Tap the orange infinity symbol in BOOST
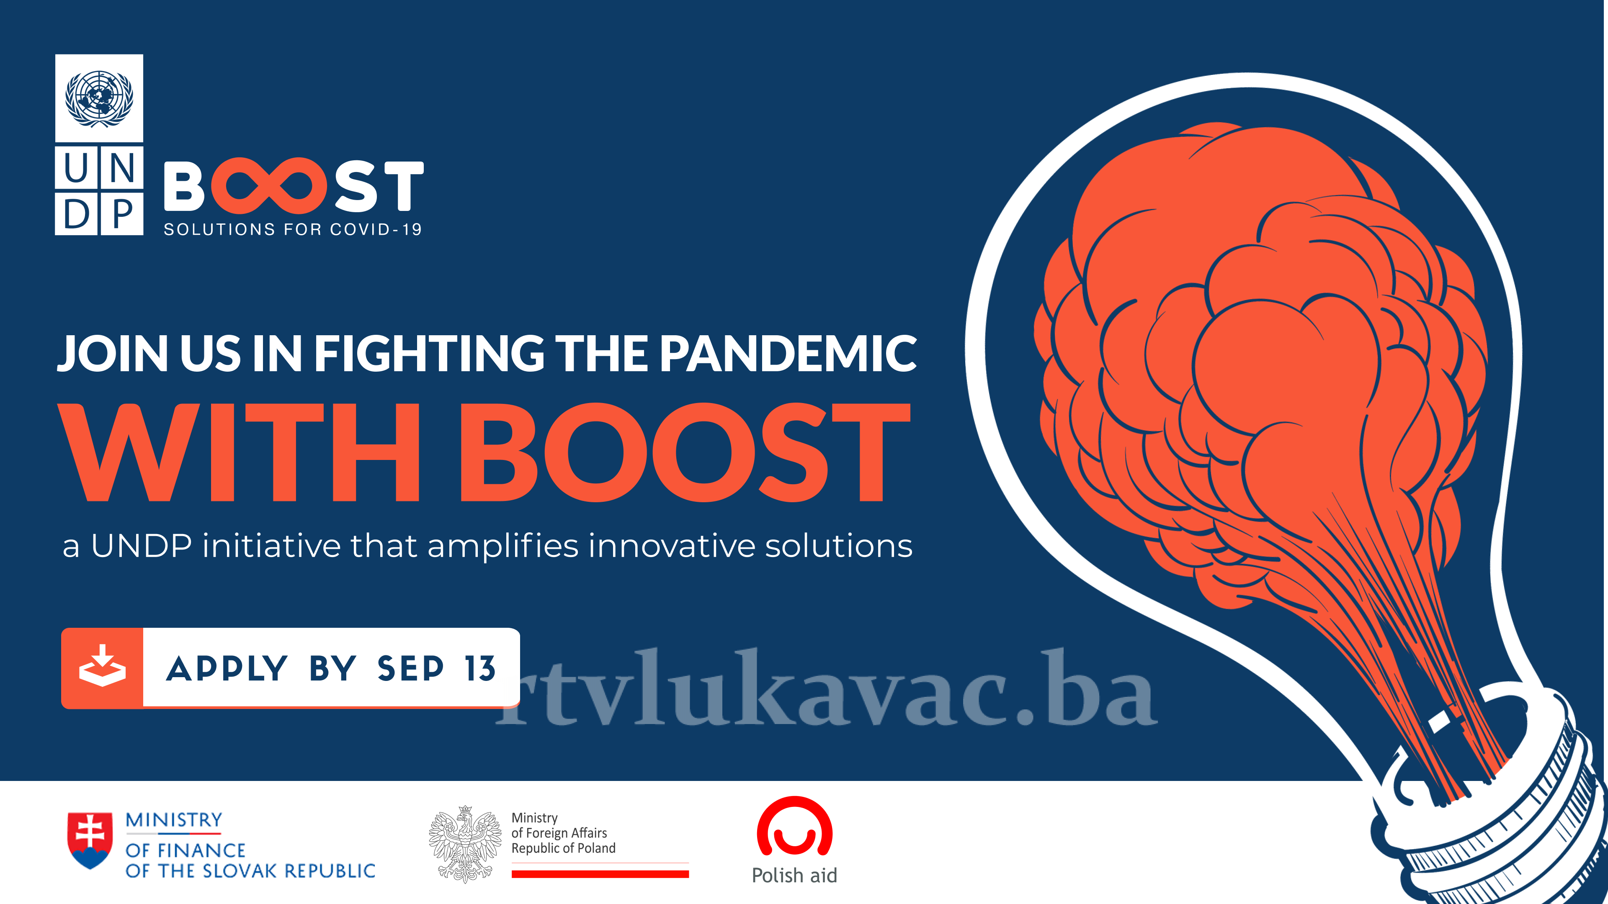pos(268,185)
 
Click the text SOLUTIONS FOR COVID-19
pos(293,230)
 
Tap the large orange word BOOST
pos(685,452)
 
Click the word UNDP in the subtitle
pos(141,545)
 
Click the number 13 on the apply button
pos(480,669)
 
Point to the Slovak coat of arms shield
pos(90,840)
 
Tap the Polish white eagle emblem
pos(465,843)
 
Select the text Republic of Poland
pos(563,848)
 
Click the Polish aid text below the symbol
pos(794,875)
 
